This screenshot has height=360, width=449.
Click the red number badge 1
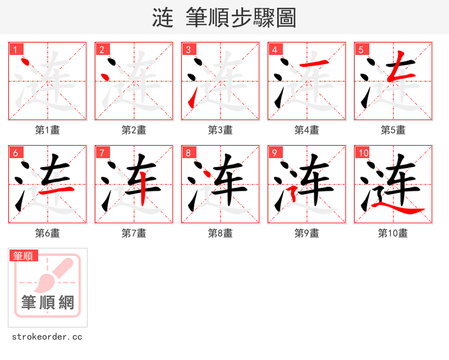point(15,49)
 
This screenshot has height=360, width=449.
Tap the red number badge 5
point(360,49)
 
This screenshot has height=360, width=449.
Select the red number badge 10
point(363,153)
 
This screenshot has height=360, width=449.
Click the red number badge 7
point(101,153)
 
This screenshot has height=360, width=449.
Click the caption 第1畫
point(48,130)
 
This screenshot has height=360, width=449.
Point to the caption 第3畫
point(221,130)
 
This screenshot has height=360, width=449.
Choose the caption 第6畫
point(48,233)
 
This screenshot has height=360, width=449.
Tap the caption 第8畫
point(221,233)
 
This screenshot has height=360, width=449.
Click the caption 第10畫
point(393,233)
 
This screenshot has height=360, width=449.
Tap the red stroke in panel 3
point(193,100)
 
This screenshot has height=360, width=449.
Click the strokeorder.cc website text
point(47,337)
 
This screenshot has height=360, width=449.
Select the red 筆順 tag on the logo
point(24,256)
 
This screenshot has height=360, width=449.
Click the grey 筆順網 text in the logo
point(48,303)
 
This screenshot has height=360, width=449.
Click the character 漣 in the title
point(163,18)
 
